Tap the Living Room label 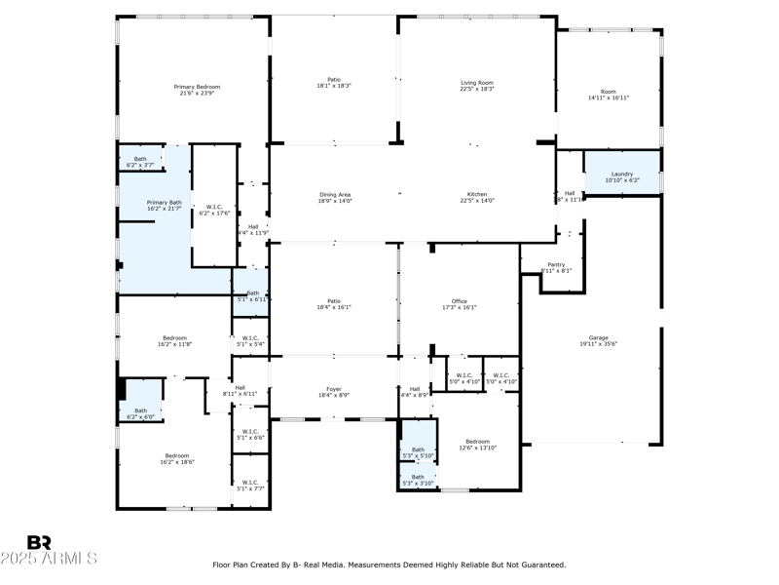click(477, 86)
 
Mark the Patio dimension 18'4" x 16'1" click(334, 308)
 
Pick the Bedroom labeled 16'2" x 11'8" click(175, 341)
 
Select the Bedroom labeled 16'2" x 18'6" click(176, 458)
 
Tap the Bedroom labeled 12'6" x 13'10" click(477, 445)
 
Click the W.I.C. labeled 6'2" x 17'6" click(213, 209)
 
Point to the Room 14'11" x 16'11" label click(609, 95)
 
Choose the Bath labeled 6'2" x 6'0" click(140, 413)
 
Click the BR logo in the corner click(39, 542)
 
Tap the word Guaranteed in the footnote click(541, 565)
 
